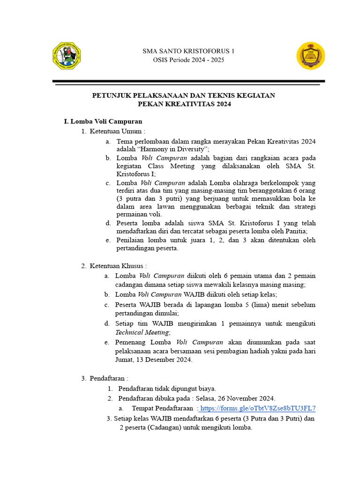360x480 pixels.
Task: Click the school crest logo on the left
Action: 67,56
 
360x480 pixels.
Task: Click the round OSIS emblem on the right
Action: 310,56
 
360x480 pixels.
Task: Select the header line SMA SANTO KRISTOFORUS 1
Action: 189,51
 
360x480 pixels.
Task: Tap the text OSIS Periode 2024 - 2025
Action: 189,60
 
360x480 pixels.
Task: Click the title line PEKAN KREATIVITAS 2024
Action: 183,105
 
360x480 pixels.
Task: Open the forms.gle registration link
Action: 257,408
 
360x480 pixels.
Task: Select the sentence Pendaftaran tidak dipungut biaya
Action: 167,389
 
